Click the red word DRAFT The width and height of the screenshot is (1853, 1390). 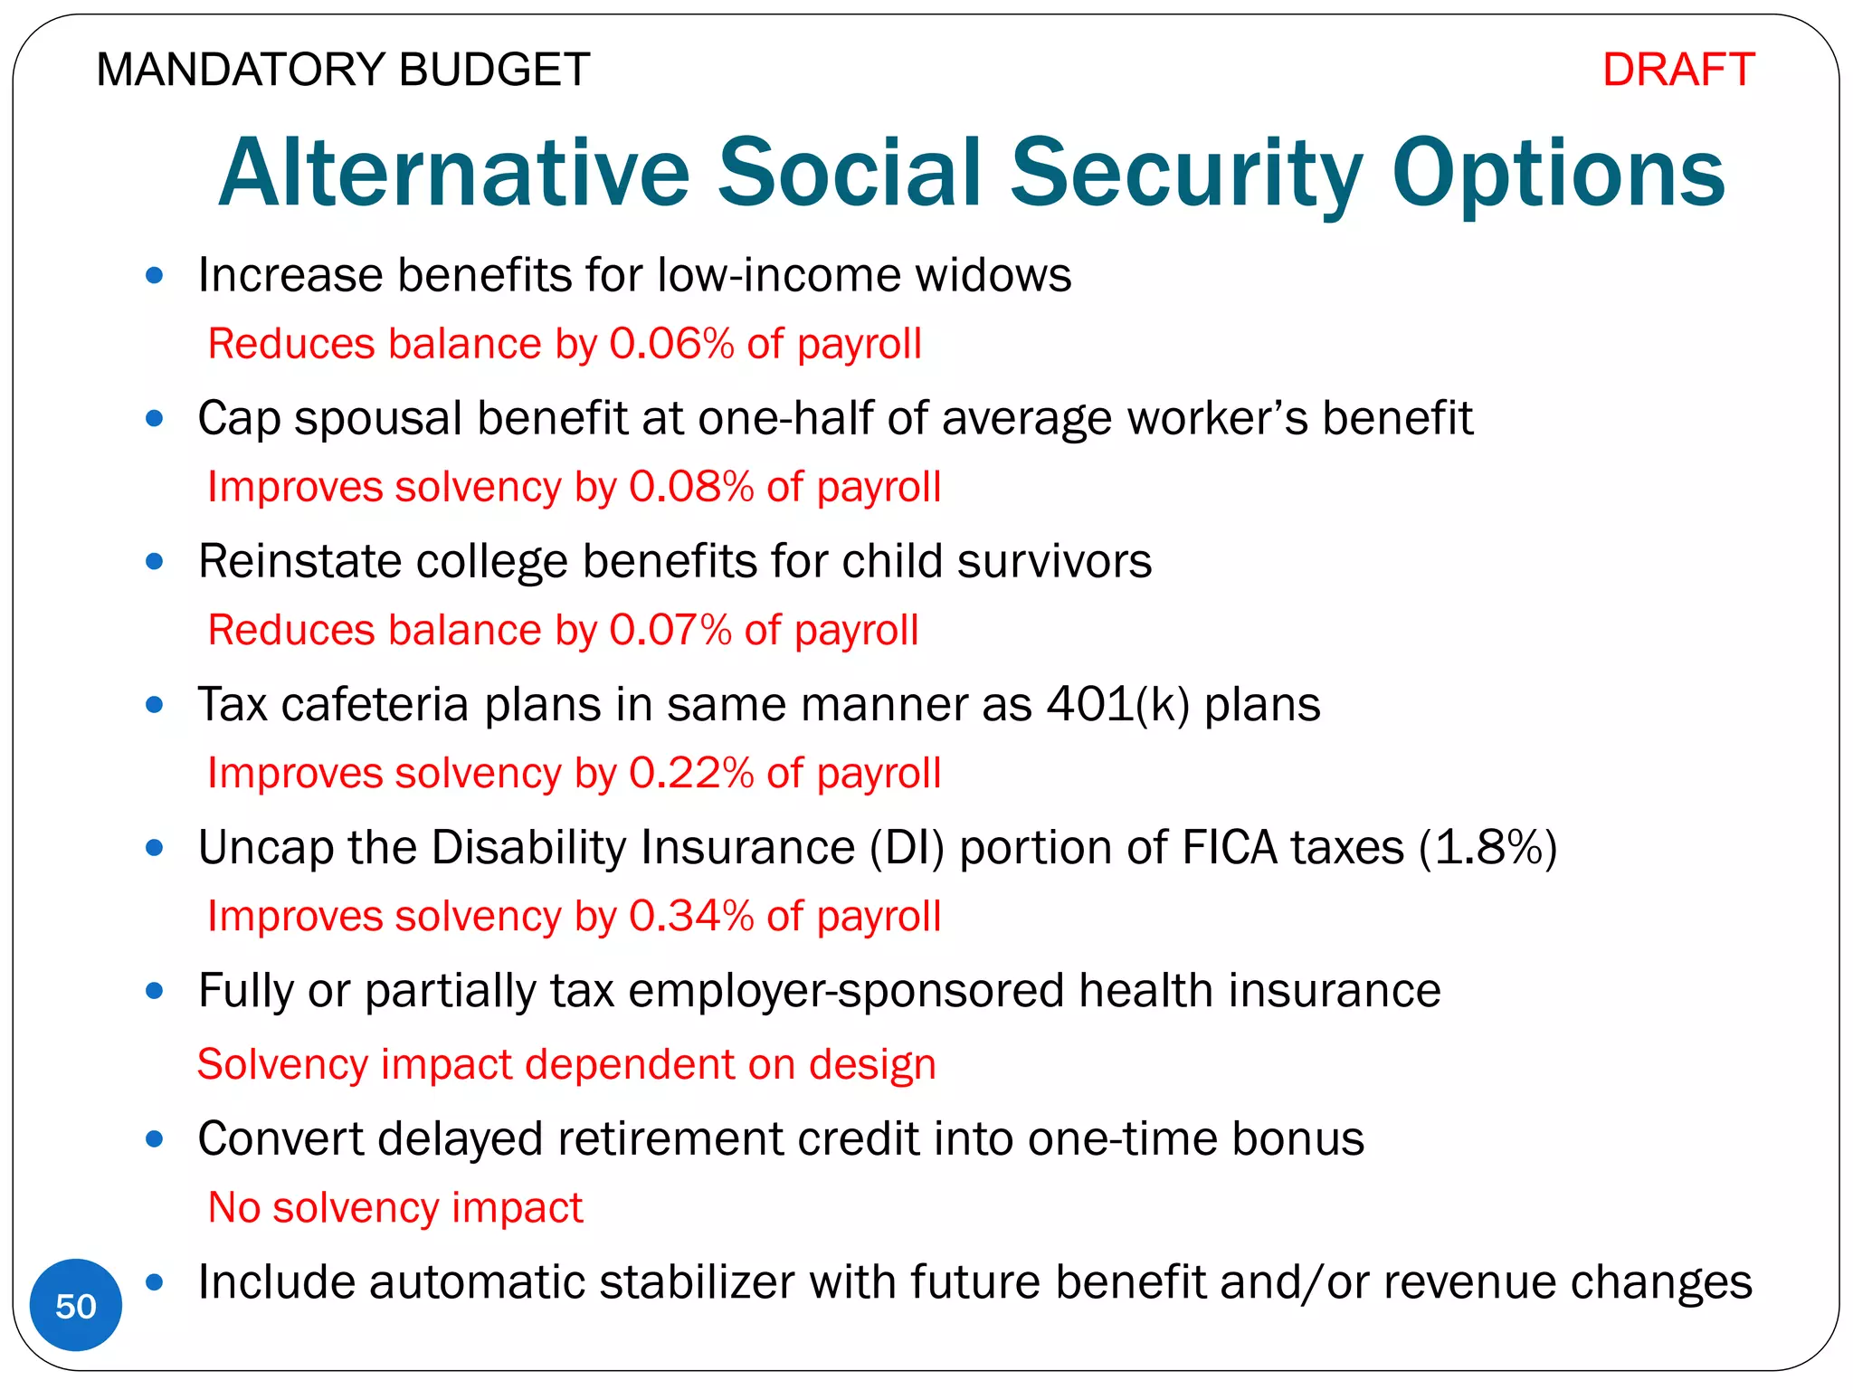(1678, 71)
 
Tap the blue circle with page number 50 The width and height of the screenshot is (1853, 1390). (76, 1306)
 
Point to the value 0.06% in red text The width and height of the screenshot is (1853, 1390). (671, 345)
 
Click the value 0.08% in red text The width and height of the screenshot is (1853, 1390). (691, 488)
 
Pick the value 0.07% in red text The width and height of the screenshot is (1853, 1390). (670, 631)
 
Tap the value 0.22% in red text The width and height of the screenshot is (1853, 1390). (691, 774)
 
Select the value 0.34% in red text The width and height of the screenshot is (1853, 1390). (691, 917)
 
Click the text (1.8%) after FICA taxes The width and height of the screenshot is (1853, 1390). (1487, 849)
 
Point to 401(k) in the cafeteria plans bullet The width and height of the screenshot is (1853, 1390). (1117, 705)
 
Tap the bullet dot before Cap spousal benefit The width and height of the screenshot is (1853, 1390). (155, 419)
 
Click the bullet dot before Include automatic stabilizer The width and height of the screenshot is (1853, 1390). (155, 1282)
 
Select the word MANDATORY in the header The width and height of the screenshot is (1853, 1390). (240, 71)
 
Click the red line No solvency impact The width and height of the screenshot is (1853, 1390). (395, 1208)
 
